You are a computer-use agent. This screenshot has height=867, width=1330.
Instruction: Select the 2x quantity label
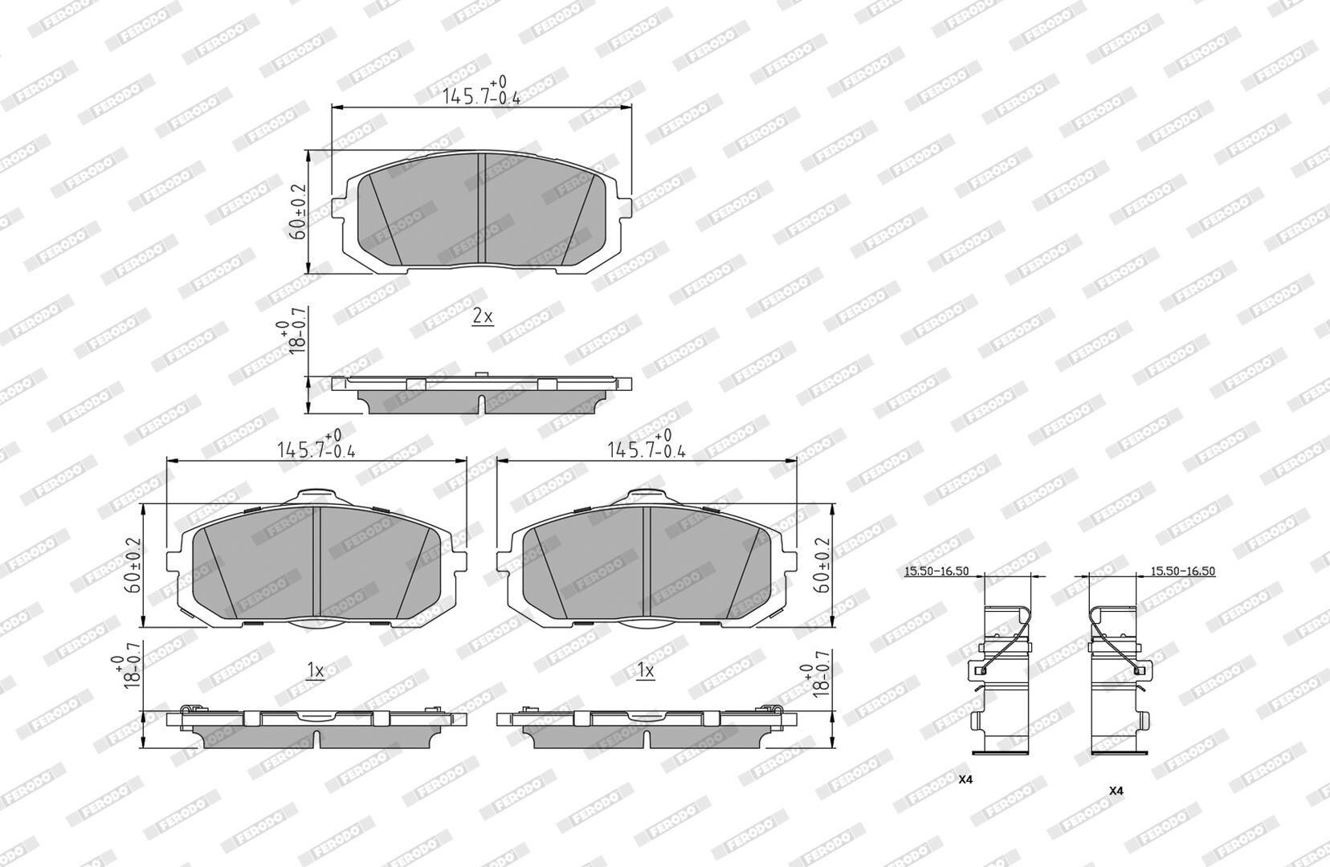tap(483, 316)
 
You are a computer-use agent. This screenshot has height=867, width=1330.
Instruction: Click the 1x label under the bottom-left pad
tap(316, 670)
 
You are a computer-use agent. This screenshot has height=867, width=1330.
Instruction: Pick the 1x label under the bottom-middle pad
tap(646, 670)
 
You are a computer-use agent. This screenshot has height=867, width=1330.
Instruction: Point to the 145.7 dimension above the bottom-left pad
tap(316, 444)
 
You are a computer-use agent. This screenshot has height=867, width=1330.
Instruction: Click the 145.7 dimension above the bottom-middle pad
tap(646, 444)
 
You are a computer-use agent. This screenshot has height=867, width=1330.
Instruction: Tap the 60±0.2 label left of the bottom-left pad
tap(133, 565)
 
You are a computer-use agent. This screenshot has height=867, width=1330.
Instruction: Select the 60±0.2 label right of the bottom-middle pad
tap(823, 565)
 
